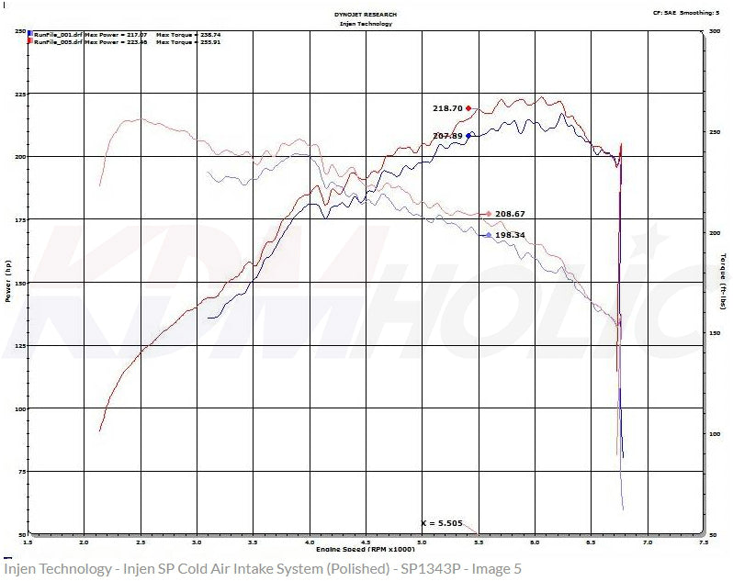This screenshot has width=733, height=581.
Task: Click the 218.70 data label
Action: point(447,108)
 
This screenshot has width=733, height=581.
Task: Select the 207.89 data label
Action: point(447,136)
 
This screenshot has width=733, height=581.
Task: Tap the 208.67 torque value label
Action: point(510,214)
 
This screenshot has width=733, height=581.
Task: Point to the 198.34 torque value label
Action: point(510,236)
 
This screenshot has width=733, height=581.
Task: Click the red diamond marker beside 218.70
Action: point(469,107)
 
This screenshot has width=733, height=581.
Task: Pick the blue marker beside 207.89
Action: point(469,135)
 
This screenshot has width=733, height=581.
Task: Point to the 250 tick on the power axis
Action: point(18,31)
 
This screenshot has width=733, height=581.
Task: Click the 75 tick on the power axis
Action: point(20,471)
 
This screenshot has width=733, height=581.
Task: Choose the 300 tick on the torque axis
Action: point(715,31)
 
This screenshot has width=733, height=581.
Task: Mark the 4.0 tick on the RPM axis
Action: point(310,543)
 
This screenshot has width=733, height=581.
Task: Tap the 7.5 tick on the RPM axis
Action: point(705,543)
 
